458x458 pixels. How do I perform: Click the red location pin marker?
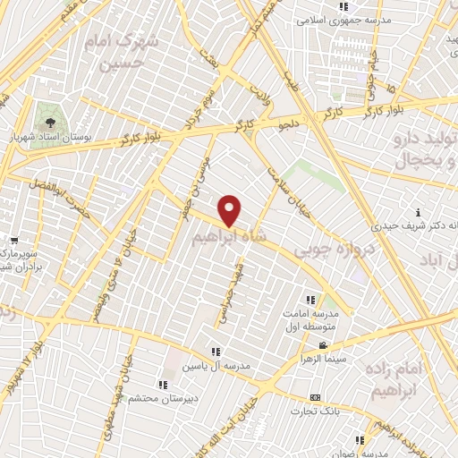[x=230, y=211]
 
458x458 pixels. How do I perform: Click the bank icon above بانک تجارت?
[x=314, y=397]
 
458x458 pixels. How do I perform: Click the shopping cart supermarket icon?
[x=14, y=240]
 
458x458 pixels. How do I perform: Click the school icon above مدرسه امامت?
[x=311, y=300]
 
